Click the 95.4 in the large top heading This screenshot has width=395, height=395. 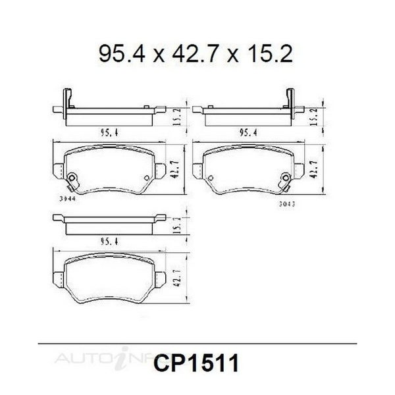coord(122,54)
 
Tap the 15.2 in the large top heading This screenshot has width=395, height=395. coord(269,54)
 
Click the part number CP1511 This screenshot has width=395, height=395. coord(196,363)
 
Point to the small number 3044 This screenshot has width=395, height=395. coord(68,199)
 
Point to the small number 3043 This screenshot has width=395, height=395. coord(287,204)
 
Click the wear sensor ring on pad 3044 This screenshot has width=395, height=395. coord(72,178)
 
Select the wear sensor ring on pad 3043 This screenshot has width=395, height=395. coord(286,178)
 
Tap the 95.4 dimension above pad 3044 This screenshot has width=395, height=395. coord(109,133)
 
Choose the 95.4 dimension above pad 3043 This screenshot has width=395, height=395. coord(249,133)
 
